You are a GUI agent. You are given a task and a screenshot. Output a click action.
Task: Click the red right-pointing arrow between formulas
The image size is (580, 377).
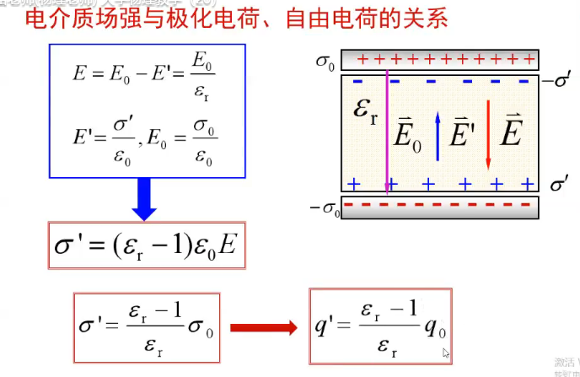(265, 327)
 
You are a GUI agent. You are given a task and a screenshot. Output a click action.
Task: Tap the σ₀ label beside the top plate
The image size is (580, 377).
(325, 60)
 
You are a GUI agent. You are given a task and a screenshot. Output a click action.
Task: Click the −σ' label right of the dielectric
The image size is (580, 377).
(558, 82)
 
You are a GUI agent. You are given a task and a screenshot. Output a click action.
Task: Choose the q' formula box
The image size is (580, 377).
(381, 326)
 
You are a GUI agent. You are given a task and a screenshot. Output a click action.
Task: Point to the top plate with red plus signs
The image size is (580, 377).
(439, 59)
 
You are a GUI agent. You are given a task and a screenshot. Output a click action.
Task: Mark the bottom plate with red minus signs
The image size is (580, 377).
(439, 207)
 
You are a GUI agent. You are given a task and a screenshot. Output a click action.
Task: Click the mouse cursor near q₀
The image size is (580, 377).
(446, 353)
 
